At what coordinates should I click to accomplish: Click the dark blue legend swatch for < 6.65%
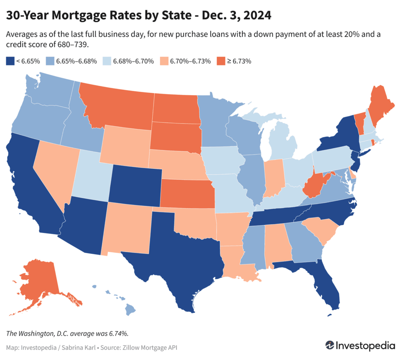pyautogui.click(x=10, y=61)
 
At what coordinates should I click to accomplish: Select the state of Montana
pyautogui.click(x=117, y=106)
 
